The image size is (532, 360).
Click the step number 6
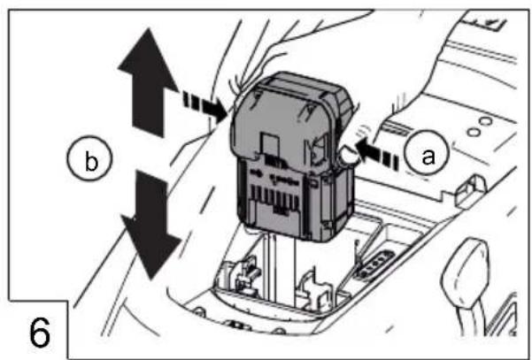click(40, 333)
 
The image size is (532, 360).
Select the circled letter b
click(89, 159)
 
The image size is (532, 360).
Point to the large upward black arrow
click(148, 82)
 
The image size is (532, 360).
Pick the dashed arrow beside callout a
click(377, 154)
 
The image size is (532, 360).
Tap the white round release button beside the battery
click(348, 156)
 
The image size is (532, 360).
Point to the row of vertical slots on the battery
click(274, 199)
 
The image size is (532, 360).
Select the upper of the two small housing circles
click(485, 121)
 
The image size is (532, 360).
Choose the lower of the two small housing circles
click(473, 132)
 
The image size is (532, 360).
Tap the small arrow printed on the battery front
click(257, 173)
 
